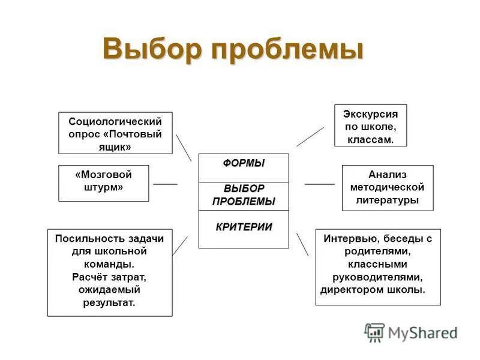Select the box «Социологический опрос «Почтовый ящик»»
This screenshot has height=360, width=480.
(x=115, y=133)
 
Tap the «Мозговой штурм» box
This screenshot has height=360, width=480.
(x=103, y=182)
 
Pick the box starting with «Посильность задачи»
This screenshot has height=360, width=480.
(x=109, y=271)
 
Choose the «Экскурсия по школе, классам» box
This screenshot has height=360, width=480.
(x=370, y=125)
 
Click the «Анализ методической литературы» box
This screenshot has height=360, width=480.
(x=387, y=187)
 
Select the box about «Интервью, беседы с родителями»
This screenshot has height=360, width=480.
(x=378, y=266)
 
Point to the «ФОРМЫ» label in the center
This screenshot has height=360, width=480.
(x=244, y=164)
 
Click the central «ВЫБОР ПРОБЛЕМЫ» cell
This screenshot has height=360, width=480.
(x=244, y=196)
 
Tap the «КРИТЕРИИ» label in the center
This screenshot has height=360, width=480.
(x=244, y=227)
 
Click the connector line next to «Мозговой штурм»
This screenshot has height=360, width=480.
(x=166, y=184)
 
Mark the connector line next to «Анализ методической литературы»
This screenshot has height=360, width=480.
(x=319, y=184)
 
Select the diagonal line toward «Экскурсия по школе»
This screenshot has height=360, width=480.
(x=310, y=137)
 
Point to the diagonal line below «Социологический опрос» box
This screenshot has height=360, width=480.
(x=184, y=148)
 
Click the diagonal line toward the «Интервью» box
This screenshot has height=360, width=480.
(x=302, y=244)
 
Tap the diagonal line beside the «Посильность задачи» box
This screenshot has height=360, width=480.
(x=180, y=246)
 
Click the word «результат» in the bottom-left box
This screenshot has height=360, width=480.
(x=109, y=303)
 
